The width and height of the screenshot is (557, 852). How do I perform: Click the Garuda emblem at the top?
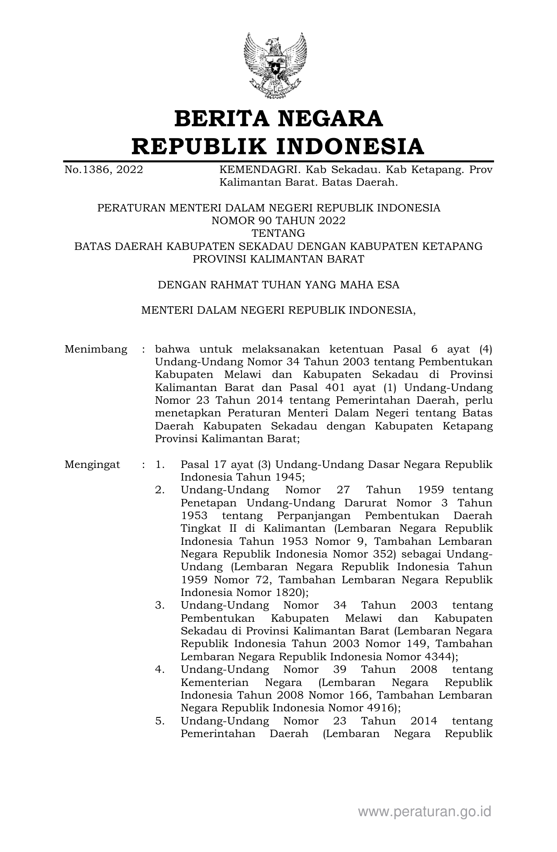[x=275, y=66]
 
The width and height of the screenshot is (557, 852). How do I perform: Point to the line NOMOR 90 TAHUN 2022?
[x=278, y=221]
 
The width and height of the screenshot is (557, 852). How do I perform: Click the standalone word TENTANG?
[x=278, y=233]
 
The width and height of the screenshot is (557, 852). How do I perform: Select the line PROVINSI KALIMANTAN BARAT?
[x=278, y=259]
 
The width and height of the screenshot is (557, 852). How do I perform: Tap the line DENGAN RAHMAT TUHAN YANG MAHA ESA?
[x=278, y=285]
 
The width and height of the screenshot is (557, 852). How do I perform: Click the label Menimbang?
[x=96, y=349]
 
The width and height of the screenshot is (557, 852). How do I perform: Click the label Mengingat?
[x=92, y=464]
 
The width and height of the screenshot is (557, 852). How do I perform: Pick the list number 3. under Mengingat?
[x=160, y=606]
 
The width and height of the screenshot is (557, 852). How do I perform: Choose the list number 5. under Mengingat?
[x=160, y=721]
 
